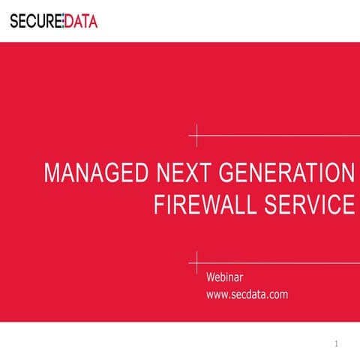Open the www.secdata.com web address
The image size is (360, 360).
(x=247, y=295)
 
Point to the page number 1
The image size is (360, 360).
(x=337, y=343)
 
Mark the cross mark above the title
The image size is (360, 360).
(x=196, y=136)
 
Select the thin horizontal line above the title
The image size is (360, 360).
(x=277, y=136)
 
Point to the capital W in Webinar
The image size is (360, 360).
(x=211, y=278)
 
